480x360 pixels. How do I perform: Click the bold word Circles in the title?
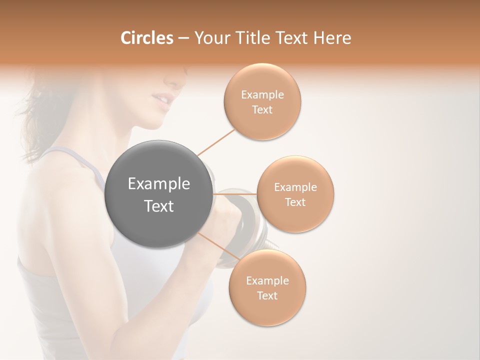[146, 37]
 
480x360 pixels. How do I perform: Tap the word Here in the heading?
[333, 37]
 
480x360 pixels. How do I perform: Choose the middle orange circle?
[295, 194]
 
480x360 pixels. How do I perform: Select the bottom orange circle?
[267, 287]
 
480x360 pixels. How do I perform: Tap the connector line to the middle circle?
[235, 194]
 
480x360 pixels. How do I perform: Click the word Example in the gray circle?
[159, 184]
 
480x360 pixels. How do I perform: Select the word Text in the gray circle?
[159, 206]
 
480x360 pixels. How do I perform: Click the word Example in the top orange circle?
[262, 95]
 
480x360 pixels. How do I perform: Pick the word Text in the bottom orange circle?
[267, 295]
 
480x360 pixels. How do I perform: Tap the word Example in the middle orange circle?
[295, 187]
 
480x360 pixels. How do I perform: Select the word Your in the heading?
[209, 37]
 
